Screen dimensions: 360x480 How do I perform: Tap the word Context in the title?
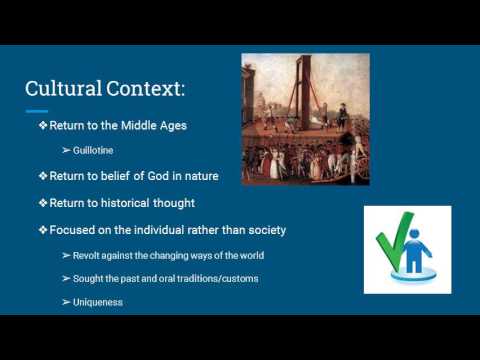[x=147, y=88]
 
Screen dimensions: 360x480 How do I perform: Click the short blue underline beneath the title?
[x=37, y=110]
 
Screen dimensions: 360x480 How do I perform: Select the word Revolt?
[x=87, y=256]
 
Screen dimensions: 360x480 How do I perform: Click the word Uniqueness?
[x=97, y=302]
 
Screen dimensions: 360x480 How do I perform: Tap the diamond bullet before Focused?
[x=43, y=230]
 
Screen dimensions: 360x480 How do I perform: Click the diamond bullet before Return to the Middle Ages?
[x=43, y=126]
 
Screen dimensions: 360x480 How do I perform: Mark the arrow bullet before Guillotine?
[x=66, y=151]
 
